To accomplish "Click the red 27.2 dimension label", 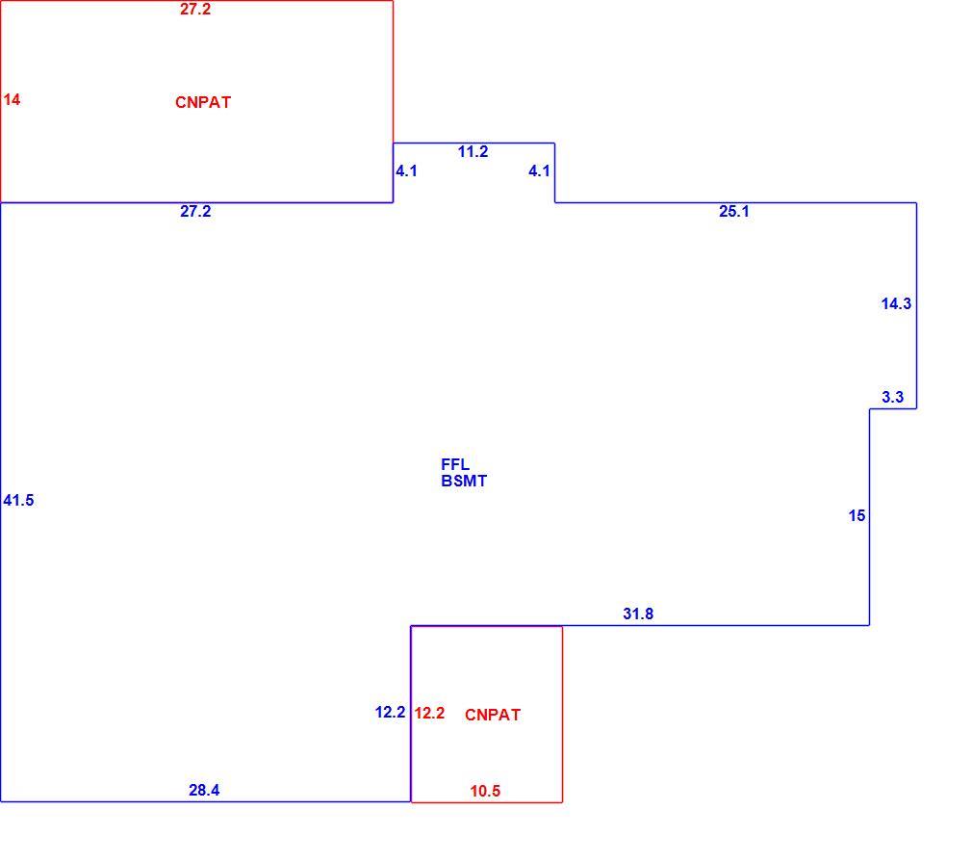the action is pyautogui.click(x=195, y=10).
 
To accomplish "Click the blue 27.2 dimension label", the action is pyautogui.click(x=195, y=212).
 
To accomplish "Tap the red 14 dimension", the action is pyautogui.click(x=12, y=99).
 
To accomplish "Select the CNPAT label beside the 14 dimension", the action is pyautogui.click(x=203, y=102).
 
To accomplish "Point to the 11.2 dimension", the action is pyautogui.click(x=473, y=152).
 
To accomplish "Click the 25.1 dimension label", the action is pyautogui.click(x=734, y=212).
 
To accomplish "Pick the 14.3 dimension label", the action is pyautogui.click(x=896, y=304).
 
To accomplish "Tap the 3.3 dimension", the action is pyautogui.click(x=893, y=397).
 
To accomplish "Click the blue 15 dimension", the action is pyautogui.click(x=857, y=515).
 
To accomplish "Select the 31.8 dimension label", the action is pyautogui.click(x=638, y=614).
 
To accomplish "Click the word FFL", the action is pyautogui.click(x=455, y=464).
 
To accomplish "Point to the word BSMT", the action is pyautogui.click(x=464, y=481).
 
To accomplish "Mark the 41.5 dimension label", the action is pyautogui.click(x=18, y=500).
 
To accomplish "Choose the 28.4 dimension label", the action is pyautogui.click(x=204, y=790).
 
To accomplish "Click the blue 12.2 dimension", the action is pyautogui.click(x=390, y=713).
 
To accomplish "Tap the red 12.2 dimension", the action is pyautogui.click(x=429, y=713).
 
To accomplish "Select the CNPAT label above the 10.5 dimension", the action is pyautogui.click(x=493, y=715).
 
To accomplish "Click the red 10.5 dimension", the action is pyautogui.click(x=485, y=792).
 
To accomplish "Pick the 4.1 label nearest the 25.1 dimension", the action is pyautogui.click(x=539, y=171).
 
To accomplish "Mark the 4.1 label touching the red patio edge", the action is pyautogui.click(x=407, y=171).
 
